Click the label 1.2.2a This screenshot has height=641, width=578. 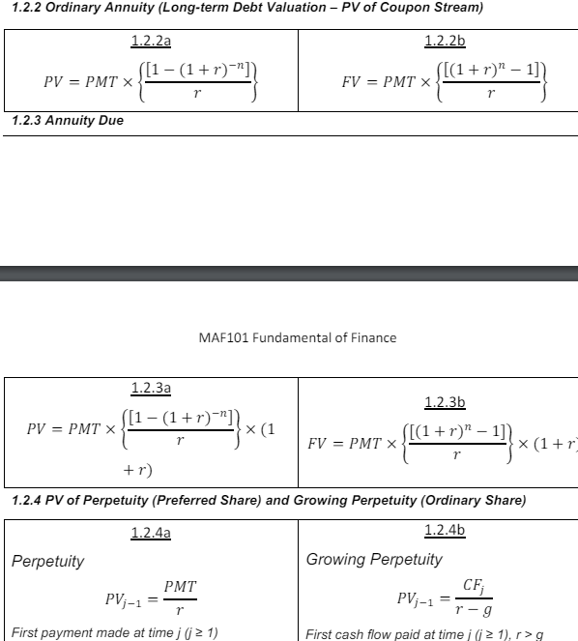coord(151,43)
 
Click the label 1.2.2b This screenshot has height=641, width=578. coord(445,43)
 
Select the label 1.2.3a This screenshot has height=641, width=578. coord(151,389)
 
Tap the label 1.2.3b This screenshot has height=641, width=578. coord(445,402)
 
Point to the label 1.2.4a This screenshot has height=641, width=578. coord(151,533)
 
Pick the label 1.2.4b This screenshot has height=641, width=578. coord(445,530)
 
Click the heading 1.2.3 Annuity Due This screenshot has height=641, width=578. coord(68,121)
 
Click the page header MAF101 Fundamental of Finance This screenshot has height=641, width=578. coord(296,337)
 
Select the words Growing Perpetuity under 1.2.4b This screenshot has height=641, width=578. coord(374,559)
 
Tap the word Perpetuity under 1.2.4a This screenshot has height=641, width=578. coord(47,561)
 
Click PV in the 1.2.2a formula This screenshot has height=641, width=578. coord(56,82)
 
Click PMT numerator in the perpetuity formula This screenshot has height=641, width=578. coord(181,587)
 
